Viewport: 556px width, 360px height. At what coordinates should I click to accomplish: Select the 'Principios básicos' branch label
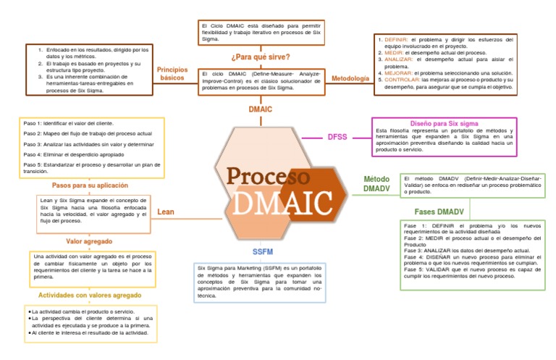tap(172, 74)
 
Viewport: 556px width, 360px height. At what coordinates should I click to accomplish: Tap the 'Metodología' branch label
tap(350, 78)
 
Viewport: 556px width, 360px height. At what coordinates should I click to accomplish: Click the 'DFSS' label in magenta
tap(337, 136)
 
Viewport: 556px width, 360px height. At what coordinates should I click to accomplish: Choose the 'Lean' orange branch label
tap(165, 212)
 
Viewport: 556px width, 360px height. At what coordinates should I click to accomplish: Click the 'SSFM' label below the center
tap(262, 251)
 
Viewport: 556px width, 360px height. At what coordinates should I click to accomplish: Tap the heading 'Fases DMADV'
tap(439, 212)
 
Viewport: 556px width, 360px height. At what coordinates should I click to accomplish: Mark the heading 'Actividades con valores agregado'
tap(90, 296)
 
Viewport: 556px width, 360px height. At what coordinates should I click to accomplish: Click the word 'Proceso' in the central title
tap(269, 176)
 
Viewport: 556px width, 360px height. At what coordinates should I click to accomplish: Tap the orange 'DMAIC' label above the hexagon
tap(260, 109)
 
